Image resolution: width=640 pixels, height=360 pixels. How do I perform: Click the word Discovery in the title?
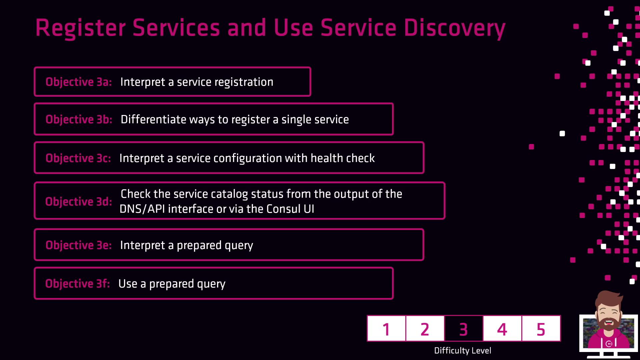tap(455, 28)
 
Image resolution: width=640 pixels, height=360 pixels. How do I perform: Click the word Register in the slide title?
tap(80, 28)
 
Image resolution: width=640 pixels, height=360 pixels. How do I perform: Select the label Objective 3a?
tap(79, 82)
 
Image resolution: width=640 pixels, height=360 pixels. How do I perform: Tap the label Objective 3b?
tap(79, 119)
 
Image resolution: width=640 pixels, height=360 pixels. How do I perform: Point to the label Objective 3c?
tap(78, 158)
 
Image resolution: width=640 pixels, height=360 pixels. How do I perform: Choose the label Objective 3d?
tap(79, 201)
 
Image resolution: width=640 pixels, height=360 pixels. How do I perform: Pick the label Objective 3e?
tap(79, 245)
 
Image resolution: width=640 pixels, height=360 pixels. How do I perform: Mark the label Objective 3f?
tap(78, 284)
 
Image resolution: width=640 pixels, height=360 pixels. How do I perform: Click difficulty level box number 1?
tap(386, 329)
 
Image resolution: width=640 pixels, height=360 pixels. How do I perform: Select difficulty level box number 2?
tap(425, 329)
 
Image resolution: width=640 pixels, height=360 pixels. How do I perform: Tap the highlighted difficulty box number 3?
tap(464, 329)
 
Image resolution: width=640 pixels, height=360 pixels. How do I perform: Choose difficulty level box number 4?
tap(502, 329)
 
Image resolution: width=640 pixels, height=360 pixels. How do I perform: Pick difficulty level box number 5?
tap(541, 329)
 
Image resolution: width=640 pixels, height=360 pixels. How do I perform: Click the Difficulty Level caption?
tap(463, 351)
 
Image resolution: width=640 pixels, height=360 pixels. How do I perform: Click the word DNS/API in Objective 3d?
tap(142, 209)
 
